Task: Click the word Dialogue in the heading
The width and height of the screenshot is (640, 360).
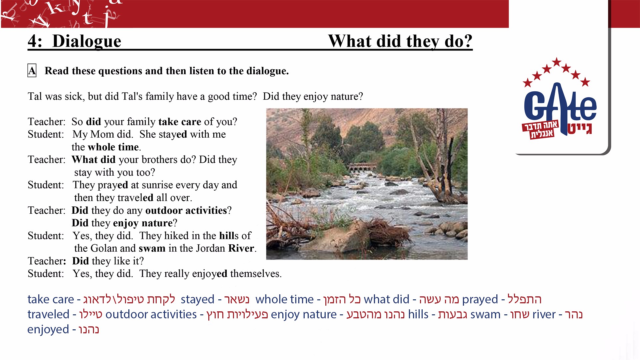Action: tap(87, 41)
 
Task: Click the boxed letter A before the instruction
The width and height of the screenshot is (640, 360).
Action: tap(32, 71)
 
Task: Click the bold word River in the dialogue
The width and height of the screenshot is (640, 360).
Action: tap(241, 248)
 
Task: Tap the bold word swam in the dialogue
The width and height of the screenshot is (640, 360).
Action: tap(152, 249)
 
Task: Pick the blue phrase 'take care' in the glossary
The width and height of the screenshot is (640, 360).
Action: tap(51, 299)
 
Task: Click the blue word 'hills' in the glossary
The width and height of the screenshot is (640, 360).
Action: tap(418, 314)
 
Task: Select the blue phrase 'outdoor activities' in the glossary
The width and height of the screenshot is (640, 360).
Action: tap(151, 314)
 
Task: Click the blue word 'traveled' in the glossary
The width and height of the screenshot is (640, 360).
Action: tap(48, 314)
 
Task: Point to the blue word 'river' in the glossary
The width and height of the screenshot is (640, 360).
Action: tap(544, 314)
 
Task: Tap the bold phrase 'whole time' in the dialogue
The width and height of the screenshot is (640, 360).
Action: tap(113, 147)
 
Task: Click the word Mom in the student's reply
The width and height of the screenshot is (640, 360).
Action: tap(102, 134)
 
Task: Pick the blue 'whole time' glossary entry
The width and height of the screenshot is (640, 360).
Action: tap(284, 299)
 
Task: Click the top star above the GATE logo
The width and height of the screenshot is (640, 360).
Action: tap(556, 62)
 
